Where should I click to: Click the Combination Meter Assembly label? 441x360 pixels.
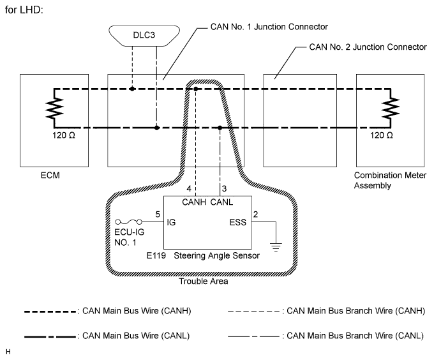[x=386, y=179]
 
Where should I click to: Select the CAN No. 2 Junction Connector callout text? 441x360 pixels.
[x=367, y=47]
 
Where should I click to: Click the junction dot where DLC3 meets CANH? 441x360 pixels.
[x=132, y=89]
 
